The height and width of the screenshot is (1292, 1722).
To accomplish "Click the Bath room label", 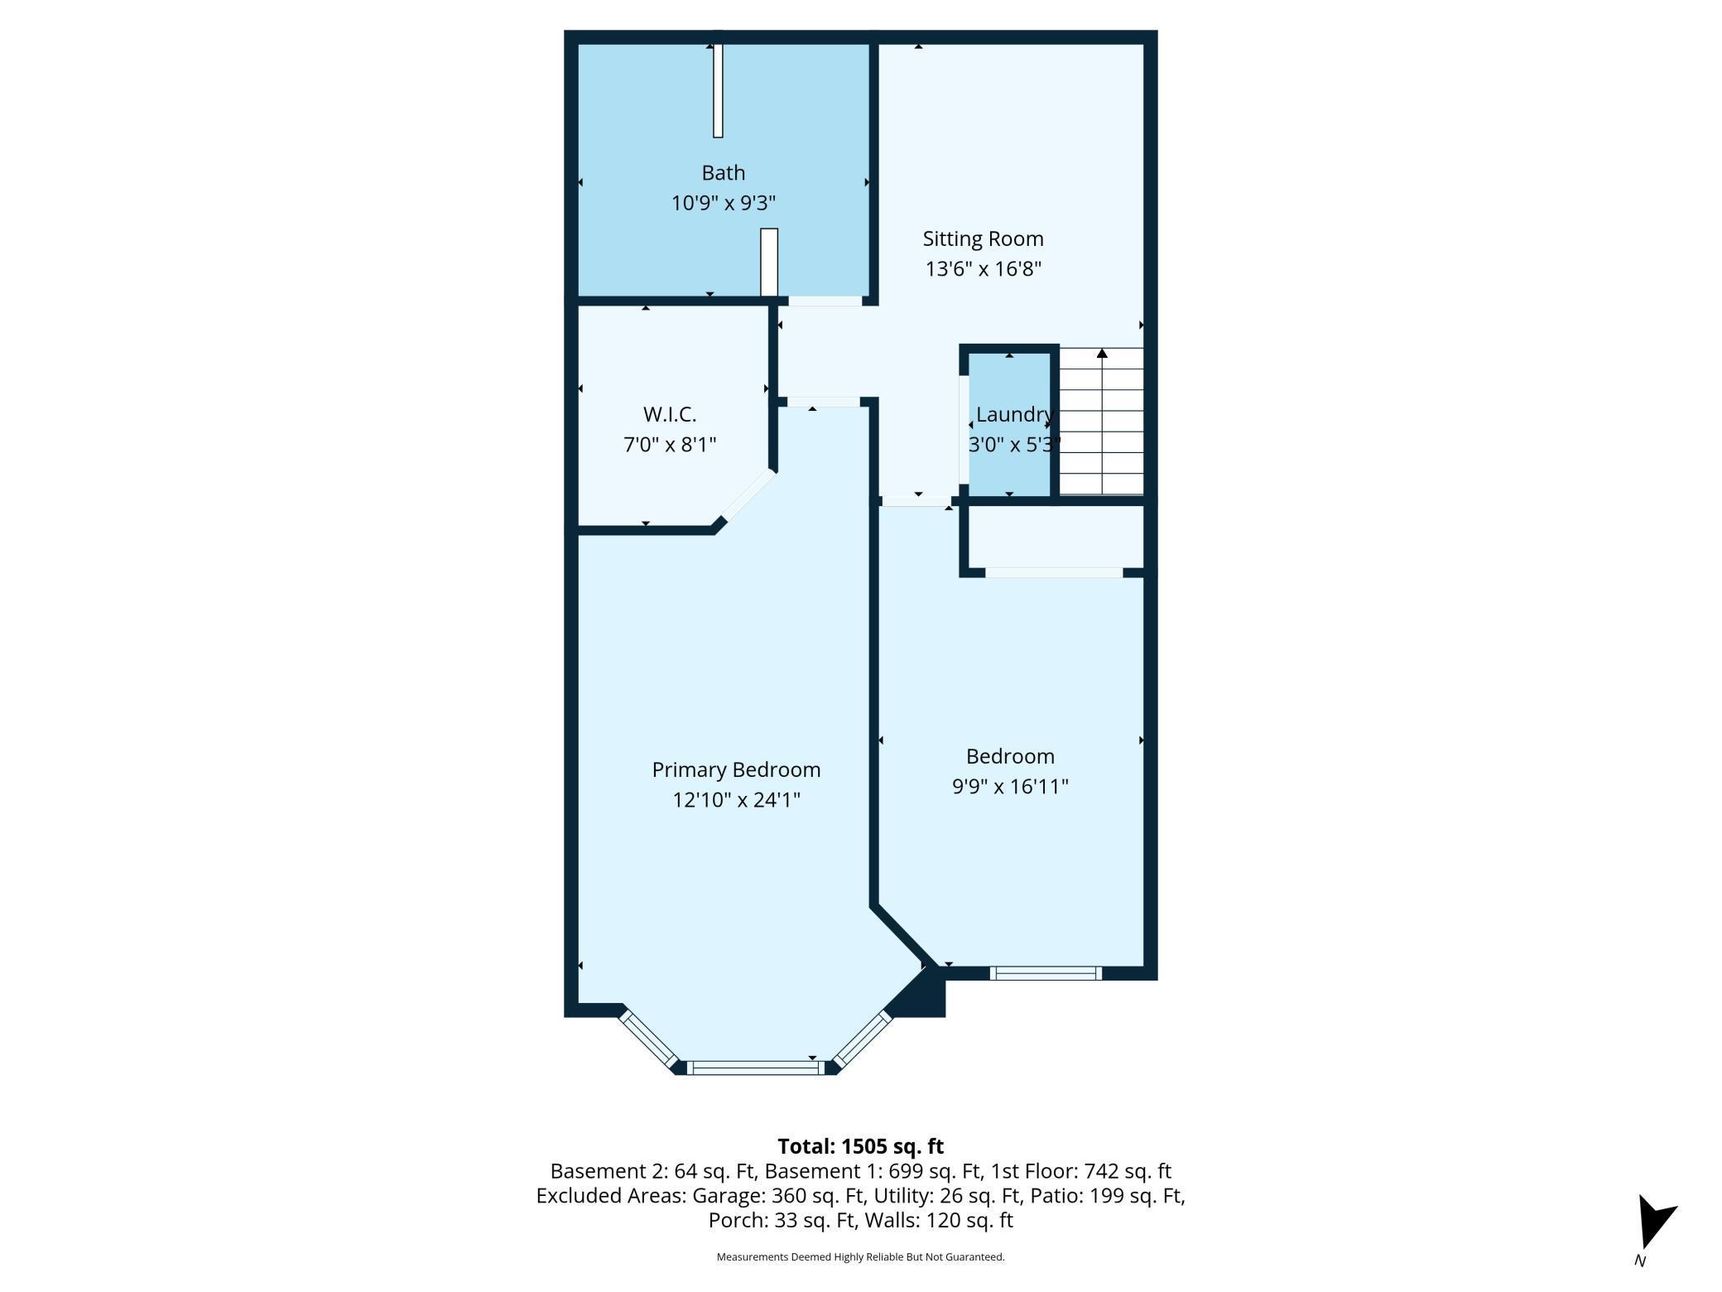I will pyautogui.click(x=723, y=173).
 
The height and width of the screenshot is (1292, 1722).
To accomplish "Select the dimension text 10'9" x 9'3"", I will pyautogui.click(x=723, y=203).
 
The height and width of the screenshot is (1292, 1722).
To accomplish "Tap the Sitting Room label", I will pyautogui.click(x=983, y=239).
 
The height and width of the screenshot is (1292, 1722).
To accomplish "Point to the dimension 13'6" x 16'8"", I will pyautogui.click(x=983, y=269).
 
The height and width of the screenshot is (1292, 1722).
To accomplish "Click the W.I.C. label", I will pyautogui.click(x=669, y=415).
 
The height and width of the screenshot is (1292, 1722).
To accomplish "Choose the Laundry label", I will pyautogui.click(x=1013, y=415).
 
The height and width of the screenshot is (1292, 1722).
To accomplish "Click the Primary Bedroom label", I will pyautogui.click(x=736, y=770).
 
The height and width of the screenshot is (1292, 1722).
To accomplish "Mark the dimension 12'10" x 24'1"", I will pyautogui.click(x=736, y=800).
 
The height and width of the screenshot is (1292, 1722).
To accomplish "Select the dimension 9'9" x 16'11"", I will pyautogui.click(x=1010, y=787).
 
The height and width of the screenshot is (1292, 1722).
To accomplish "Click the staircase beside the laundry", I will pyautogui.click(x=1101, y=422).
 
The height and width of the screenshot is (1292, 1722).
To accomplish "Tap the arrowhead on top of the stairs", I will pyautogui.click(x=1102, y=354).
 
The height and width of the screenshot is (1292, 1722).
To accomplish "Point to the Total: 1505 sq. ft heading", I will pyautogui.click(x=860, y=1146).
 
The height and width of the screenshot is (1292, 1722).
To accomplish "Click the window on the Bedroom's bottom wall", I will pyautogui.click(x=1046, y=973).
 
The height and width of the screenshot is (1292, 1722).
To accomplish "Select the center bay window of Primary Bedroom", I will pyautogui.click(x=756, y=1068).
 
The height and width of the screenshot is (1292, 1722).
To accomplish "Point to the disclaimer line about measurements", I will pyautogui.click(x=860, y=1257).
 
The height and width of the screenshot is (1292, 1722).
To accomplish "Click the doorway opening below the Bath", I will pyautogui.click(x=825, y=301).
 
